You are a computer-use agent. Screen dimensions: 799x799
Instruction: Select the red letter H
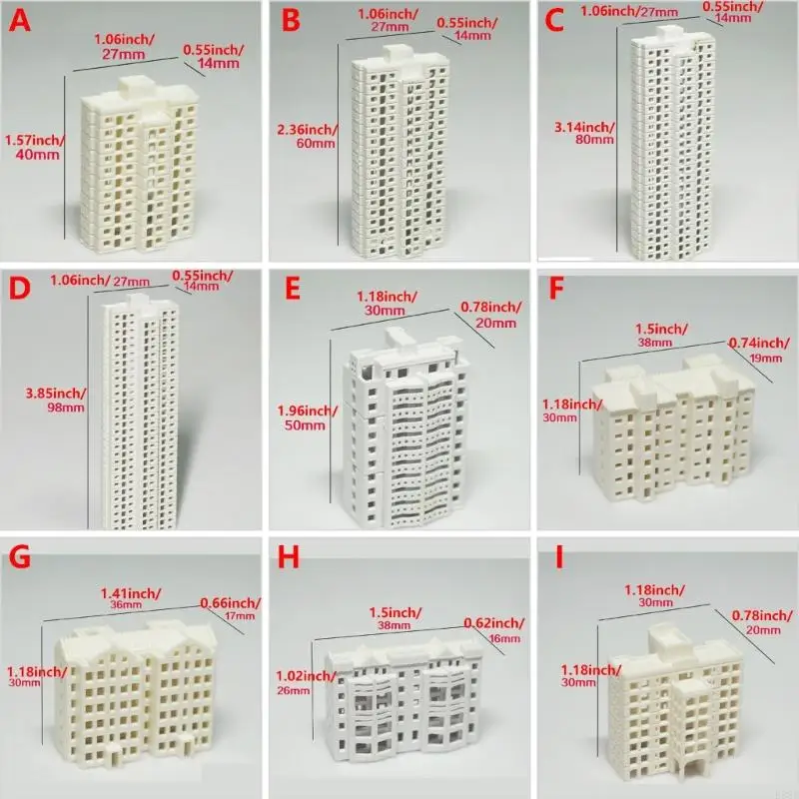(290, 557)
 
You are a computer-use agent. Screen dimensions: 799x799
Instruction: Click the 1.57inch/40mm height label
(32, 147)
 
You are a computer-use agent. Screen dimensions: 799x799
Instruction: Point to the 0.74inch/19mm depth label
(760, 350)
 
